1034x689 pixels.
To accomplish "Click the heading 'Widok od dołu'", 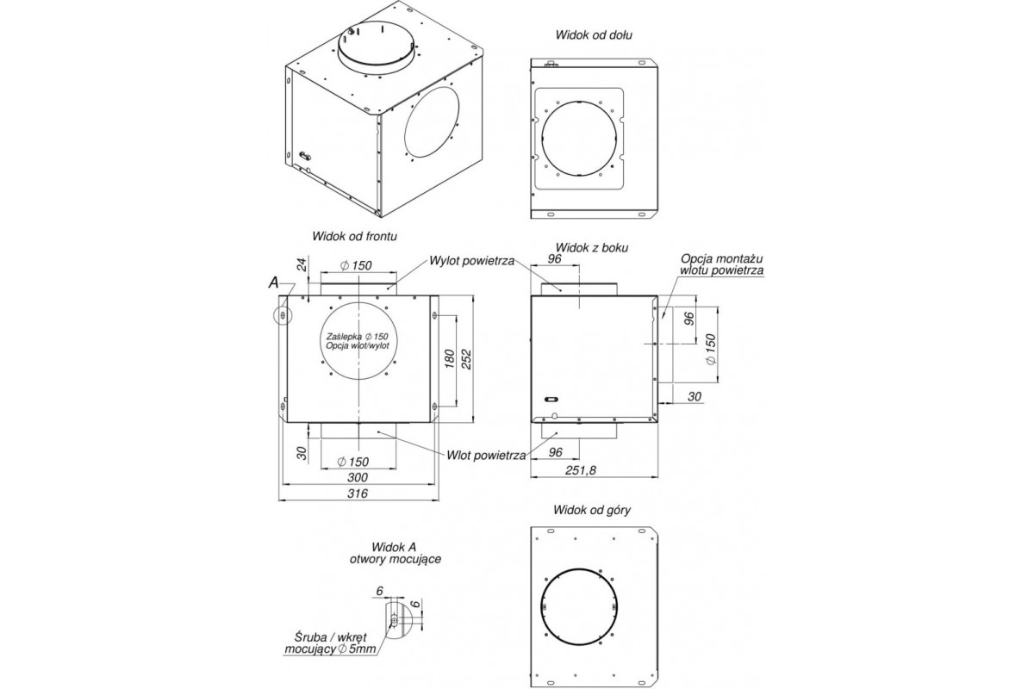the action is pos(594,35).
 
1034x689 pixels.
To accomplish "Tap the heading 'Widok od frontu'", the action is pos(354,236).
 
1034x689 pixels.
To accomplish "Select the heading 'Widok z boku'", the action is pos(592,248).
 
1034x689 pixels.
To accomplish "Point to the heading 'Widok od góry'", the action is pos(592,510).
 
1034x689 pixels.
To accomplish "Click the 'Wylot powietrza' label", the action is pos(472,261).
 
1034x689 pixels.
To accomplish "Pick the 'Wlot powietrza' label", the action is pos(486,456).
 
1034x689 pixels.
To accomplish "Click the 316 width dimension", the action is pos(358,493).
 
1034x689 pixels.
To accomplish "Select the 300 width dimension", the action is pos(358,477).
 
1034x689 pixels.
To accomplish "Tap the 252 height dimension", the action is pos(467,359).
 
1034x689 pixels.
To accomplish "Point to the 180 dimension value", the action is pos(450,359).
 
